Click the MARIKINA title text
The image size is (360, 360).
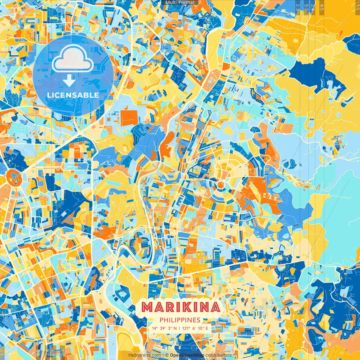pos(181,307)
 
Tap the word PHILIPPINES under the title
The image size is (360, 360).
pos(180,320)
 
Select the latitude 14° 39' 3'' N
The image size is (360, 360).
pos(165,328)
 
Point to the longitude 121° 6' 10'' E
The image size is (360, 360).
pos(195,328)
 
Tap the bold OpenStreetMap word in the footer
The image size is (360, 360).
pos(187,355)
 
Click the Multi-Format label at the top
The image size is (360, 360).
pos(180,3)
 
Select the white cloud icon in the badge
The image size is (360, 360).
pos(73,58)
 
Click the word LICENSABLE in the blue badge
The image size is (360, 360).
pos(73,95)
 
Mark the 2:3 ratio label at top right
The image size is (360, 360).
pos(298,7)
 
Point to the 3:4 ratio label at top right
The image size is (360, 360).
pos(313,7)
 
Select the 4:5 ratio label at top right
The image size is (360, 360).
pos(322,7)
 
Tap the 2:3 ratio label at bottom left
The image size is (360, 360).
pos(62,353)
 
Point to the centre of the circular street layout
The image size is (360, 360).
pos(220,185)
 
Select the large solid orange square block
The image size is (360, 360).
pos(129,118)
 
